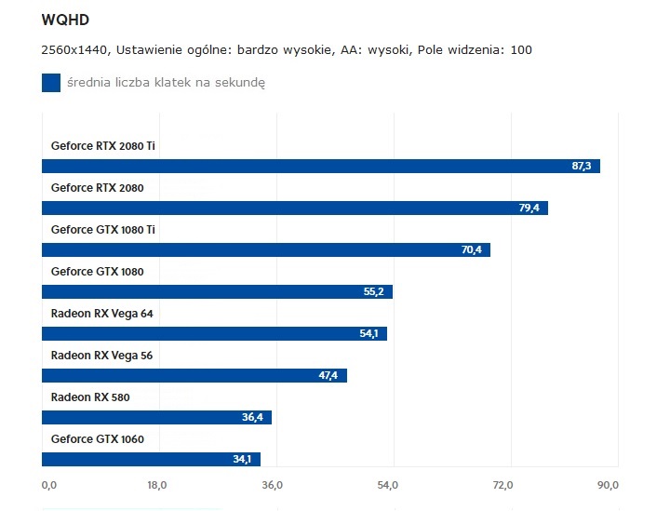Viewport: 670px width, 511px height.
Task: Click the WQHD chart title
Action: (x=66, y=20)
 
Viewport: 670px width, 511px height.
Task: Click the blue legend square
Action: (x=51, y=83)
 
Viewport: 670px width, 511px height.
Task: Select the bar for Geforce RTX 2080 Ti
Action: (x=321, y=166)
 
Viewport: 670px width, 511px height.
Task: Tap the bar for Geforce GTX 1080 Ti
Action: (x=266, y=249)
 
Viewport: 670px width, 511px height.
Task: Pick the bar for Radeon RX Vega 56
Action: (x=194, y=375)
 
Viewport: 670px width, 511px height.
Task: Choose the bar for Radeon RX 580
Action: (x=156, y=417)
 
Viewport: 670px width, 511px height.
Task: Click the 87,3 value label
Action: (x=582, y=166)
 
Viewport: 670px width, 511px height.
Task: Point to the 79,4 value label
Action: (x=529, y=208)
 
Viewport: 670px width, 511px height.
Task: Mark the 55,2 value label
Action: (x=374, y=291)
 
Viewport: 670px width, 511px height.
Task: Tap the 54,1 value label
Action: (x=369, y=333)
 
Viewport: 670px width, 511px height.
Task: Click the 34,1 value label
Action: (x=243, y=459)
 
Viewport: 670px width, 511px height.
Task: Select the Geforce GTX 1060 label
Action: (x=98, y=439)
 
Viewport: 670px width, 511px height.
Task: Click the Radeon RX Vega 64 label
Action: (x=101, y=314)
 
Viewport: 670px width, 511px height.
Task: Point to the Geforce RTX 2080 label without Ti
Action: (x=98, y=188)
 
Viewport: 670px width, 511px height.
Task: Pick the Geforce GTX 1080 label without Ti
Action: (x=98, y=272)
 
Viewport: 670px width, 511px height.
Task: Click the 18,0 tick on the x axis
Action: (x=156, y=485)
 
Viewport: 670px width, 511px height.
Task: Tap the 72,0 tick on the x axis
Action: (x=502, y=485)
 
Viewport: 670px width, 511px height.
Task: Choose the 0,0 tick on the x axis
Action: (x=49, y=485)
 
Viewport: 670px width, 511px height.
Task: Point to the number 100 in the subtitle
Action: (x=521, y=49)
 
